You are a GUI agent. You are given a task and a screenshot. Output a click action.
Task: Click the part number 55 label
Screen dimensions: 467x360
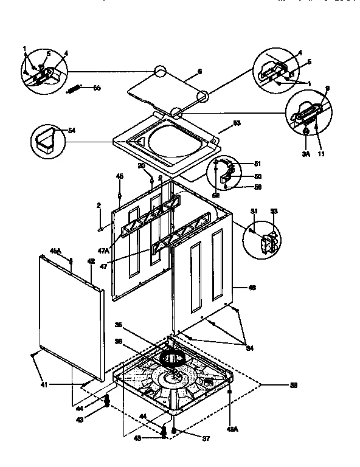click(x=97, y=89)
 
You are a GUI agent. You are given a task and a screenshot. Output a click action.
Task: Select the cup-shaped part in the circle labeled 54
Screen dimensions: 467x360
click(x=46, y=142)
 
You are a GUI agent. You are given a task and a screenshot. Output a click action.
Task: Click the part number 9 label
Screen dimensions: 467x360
click(x=327, y=89)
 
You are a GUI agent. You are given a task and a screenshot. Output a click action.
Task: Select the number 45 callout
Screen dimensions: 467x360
click(x=120, y=177)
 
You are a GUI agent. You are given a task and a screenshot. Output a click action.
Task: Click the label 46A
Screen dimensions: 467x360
click(x=54, y=251)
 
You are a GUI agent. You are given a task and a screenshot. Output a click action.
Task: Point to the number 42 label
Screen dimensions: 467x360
click(x=91, y=261)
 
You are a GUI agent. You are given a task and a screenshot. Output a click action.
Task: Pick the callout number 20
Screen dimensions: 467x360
click(x=140, y=166)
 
